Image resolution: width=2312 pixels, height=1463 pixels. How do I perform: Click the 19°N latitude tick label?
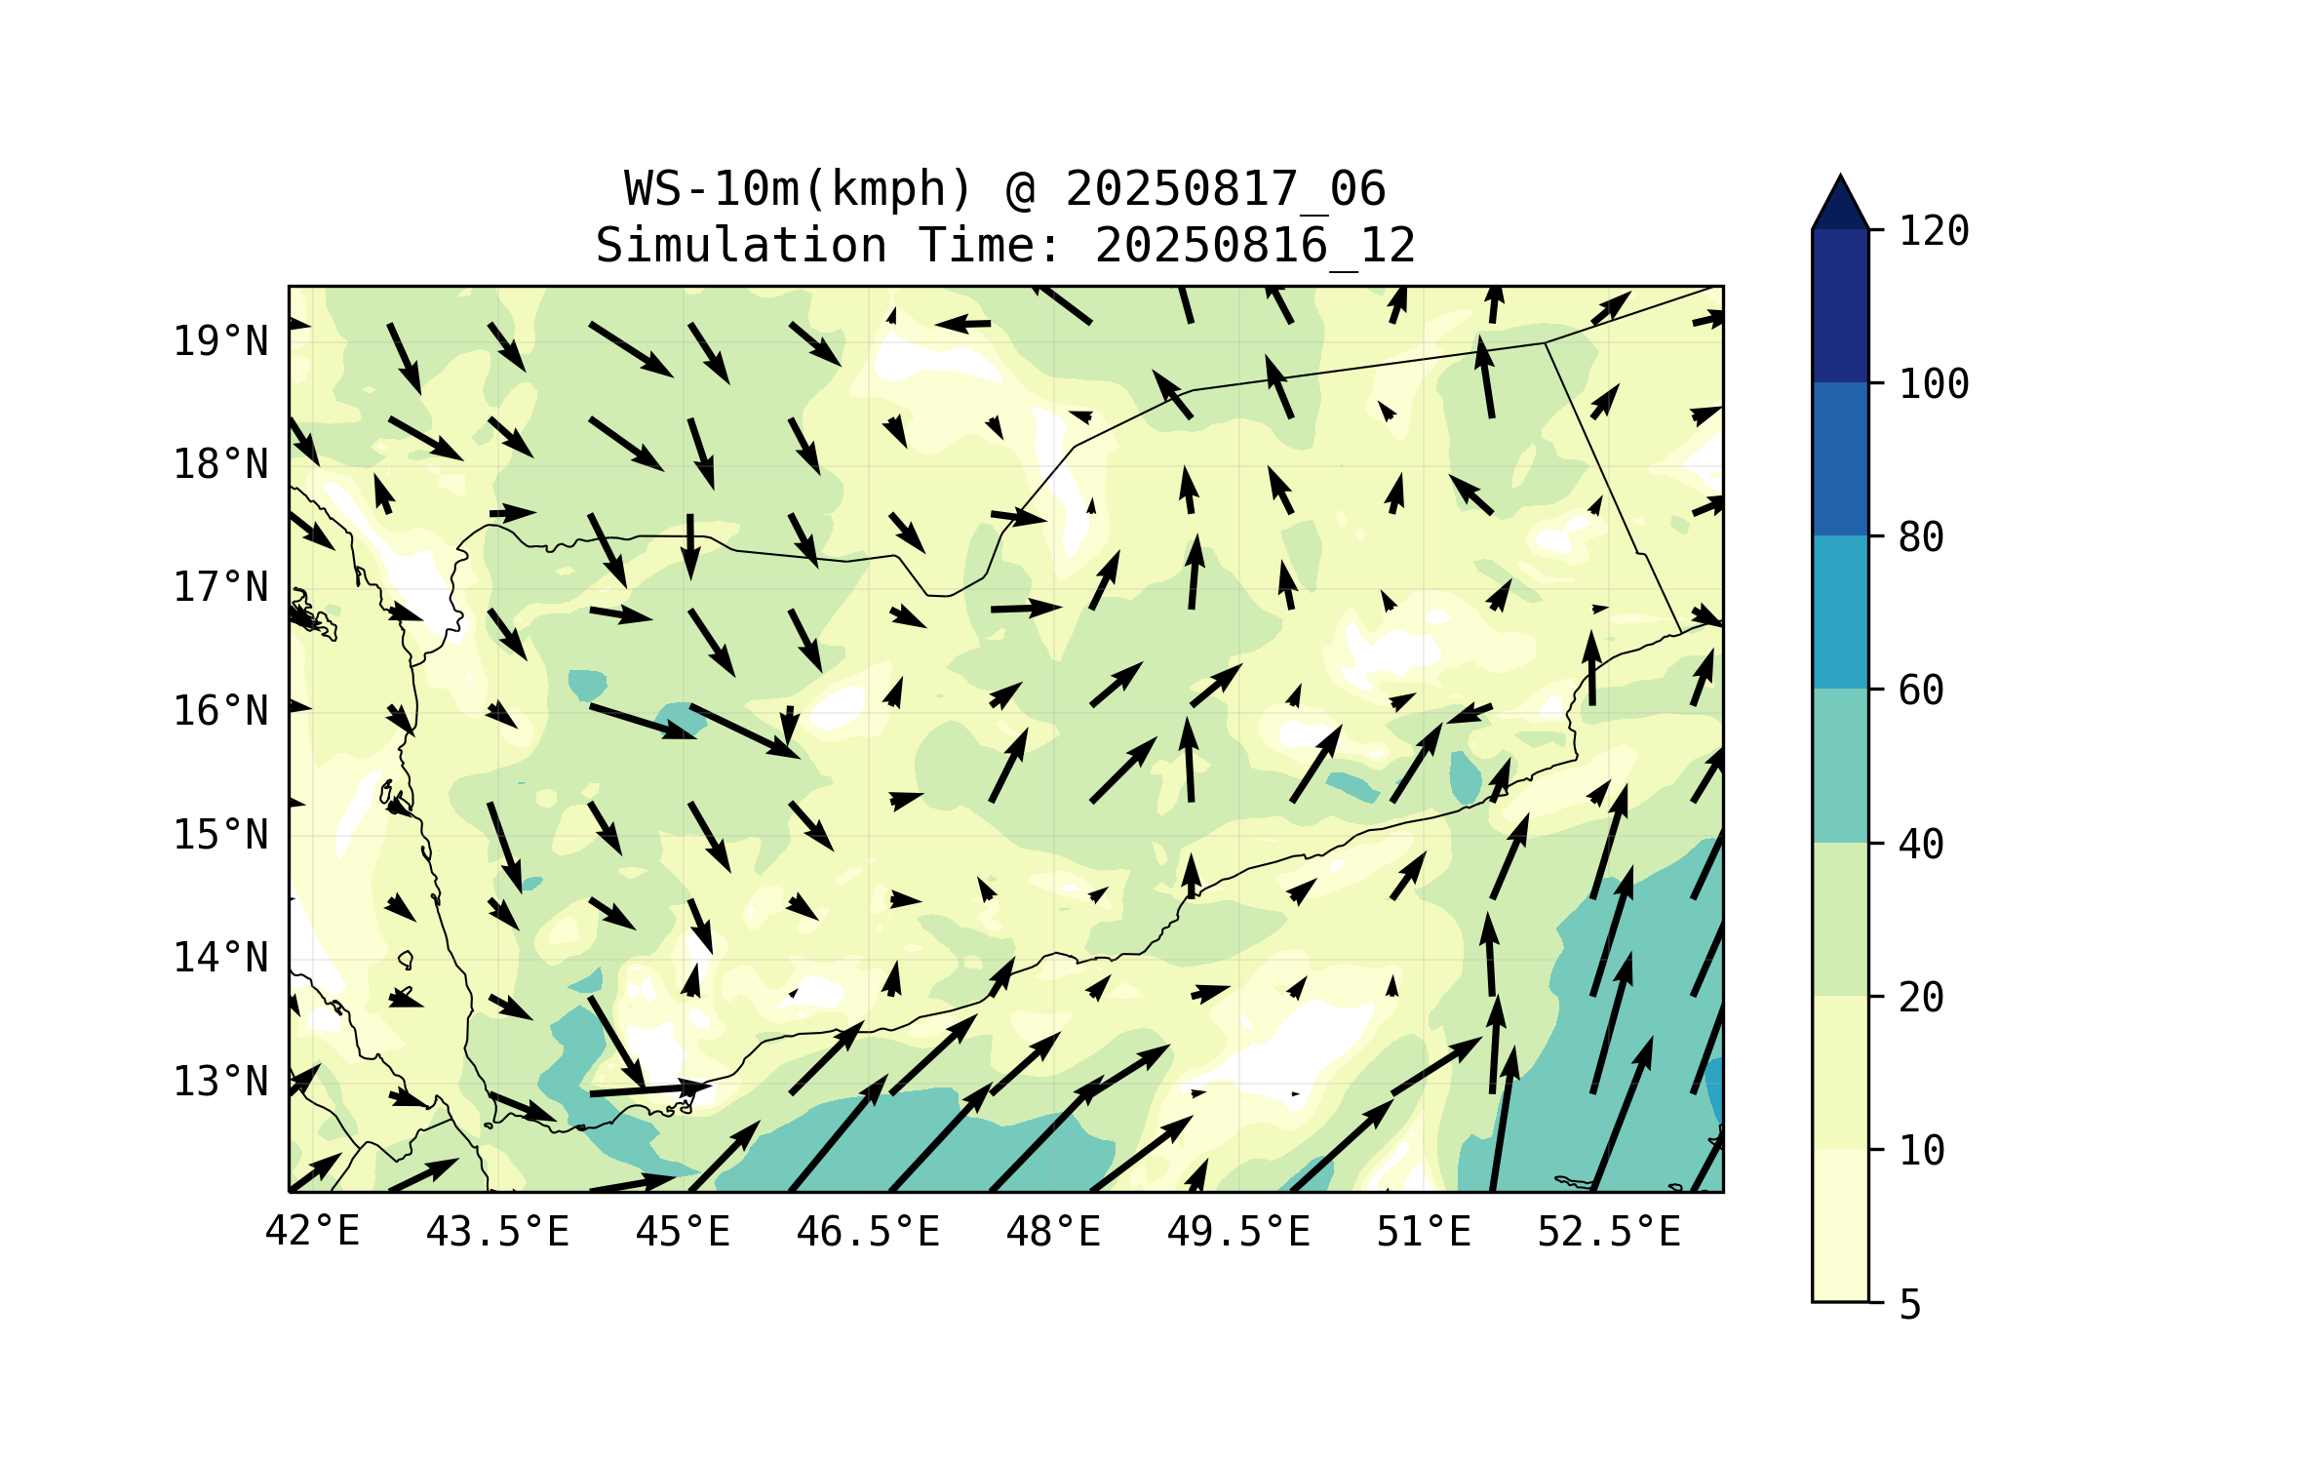[x=220, y=341]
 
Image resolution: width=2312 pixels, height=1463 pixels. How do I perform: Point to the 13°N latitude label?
[x=220, y=1082]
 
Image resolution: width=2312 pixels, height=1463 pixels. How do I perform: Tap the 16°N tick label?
[x=220, y=711]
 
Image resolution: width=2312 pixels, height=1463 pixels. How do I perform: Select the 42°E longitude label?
[x=312, y=1232]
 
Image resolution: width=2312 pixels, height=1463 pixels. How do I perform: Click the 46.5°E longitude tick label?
[x=868, y=1232]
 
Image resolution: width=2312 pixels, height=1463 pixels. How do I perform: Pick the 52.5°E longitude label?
[x=1609, y=1232]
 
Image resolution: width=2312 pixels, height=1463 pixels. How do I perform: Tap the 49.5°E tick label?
[x=1238, y=1232]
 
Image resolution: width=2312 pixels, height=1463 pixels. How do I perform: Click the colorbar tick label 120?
[x=1934, y=231]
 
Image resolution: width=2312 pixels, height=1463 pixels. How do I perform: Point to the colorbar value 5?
[x=1910, y=1305]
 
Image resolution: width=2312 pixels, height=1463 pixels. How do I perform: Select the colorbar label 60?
[x=1921, y=691]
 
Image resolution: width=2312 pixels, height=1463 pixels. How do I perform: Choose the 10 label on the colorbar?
[x=1921, y=1151]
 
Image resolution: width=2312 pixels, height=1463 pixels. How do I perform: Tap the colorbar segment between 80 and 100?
[x=1840, y=458]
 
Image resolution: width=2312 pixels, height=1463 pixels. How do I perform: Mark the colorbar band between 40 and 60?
[x=1840, y=766]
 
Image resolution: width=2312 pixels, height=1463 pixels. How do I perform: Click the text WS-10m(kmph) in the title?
[x=799, y=188]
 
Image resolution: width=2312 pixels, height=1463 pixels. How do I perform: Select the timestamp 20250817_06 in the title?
[x=1225, y=188]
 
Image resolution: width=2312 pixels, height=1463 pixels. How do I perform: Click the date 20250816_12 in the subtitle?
[x=1255, y=245]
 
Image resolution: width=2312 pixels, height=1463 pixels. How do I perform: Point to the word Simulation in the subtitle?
[x=741, y=245]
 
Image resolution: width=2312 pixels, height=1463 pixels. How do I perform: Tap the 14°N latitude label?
[x=220, y=958]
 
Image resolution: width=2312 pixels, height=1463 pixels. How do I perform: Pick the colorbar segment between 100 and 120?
[x=1840, y=305]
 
